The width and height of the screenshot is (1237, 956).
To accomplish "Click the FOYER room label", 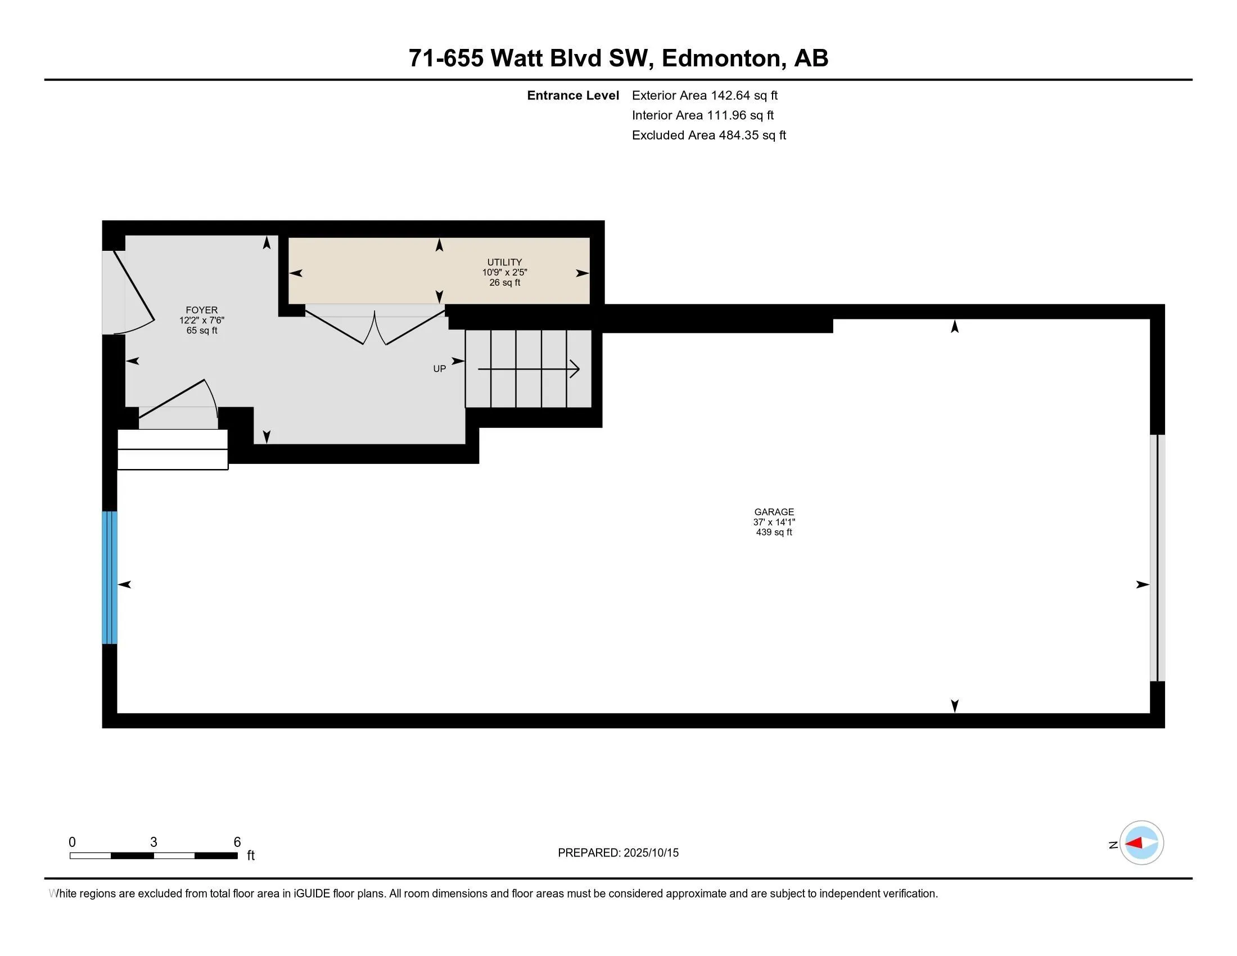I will point(202,310).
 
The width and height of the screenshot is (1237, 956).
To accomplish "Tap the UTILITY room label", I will point(504,262).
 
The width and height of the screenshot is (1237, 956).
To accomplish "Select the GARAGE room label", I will point(774,512).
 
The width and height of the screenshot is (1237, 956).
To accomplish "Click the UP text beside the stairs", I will point(440,369).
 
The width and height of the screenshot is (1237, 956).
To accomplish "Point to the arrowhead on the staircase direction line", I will point(575,369).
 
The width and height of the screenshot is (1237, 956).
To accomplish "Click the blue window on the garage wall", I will point(109,578).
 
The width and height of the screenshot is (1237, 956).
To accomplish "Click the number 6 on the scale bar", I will point(237,842).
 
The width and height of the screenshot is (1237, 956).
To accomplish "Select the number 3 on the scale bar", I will point(154,842).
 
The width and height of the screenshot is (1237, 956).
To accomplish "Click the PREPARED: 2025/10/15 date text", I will point(618,853).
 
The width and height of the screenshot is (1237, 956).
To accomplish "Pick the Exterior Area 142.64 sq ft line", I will point(705,96).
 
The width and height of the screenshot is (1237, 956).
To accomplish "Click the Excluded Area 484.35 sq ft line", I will point(708,136).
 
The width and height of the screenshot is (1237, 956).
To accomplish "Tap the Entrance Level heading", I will point(572,96).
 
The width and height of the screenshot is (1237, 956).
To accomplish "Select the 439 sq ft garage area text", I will point(774,533).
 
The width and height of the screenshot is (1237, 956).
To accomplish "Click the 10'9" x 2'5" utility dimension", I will point(504,272).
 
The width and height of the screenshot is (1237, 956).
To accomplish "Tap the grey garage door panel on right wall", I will point(1157,558).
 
